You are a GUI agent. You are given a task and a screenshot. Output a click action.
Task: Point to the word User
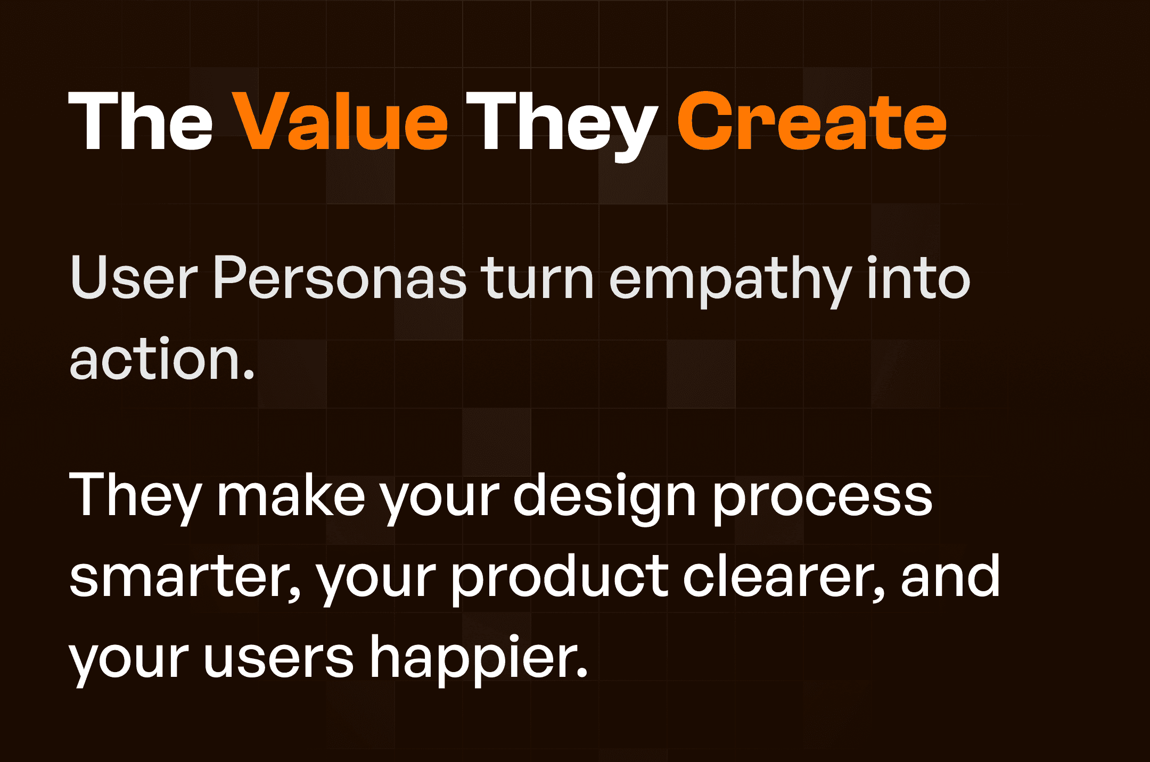[134, 278]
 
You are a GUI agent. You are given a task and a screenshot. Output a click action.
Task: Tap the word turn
[537, 278]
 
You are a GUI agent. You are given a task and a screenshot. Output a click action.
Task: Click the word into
[919, 277]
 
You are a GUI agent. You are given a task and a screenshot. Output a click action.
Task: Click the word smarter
[184, 578]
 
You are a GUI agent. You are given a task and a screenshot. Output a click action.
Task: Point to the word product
[559, 577]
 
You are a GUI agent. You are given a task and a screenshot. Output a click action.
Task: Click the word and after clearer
[950, 577]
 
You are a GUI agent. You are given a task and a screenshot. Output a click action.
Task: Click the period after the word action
[249, 376]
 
